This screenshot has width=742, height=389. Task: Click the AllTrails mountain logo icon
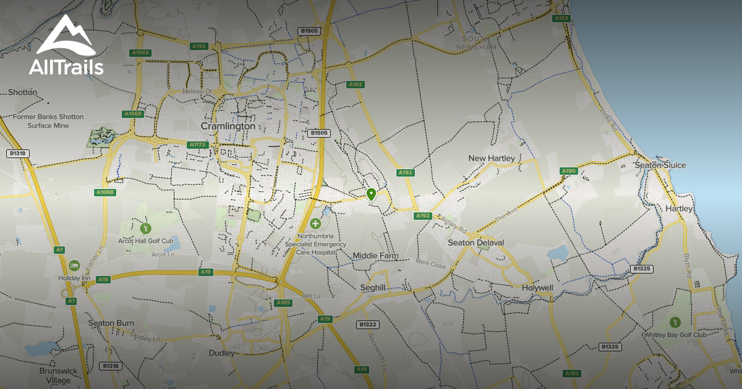66,36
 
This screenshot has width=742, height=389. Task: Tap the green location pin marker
371,194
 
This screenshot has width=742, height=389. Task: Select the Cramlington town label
228,126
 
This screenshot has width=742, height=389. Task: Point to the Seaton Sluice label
660,165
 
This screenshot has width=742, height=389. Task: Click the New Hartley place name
492,159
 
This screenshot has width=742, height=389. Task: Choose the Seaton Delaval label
476,243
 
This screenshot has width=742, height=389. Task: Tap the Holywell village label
537,288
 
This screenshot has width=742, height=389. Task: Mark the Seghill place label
373,288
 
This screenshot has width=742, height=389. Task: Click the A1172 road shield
197,144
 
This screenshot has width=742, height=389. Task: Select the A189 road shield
283,303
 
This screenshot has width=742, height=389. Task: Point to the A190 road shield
568,171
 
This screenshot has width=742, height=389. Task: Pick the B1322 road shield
368,324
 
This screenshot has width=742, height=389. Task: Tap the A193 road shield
561,19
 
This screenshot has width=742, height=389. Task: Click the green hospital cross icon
316,223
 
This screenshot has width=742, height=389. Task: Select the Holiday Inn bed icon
74,265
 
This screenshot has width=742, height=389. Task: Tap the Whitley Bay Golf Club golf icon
675,322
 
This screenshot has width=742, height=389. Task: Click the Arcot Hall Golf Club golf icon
146,228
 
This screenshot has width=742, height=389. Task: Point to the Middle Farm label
375,256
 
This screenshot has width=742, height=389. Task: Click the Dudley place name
222,353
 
